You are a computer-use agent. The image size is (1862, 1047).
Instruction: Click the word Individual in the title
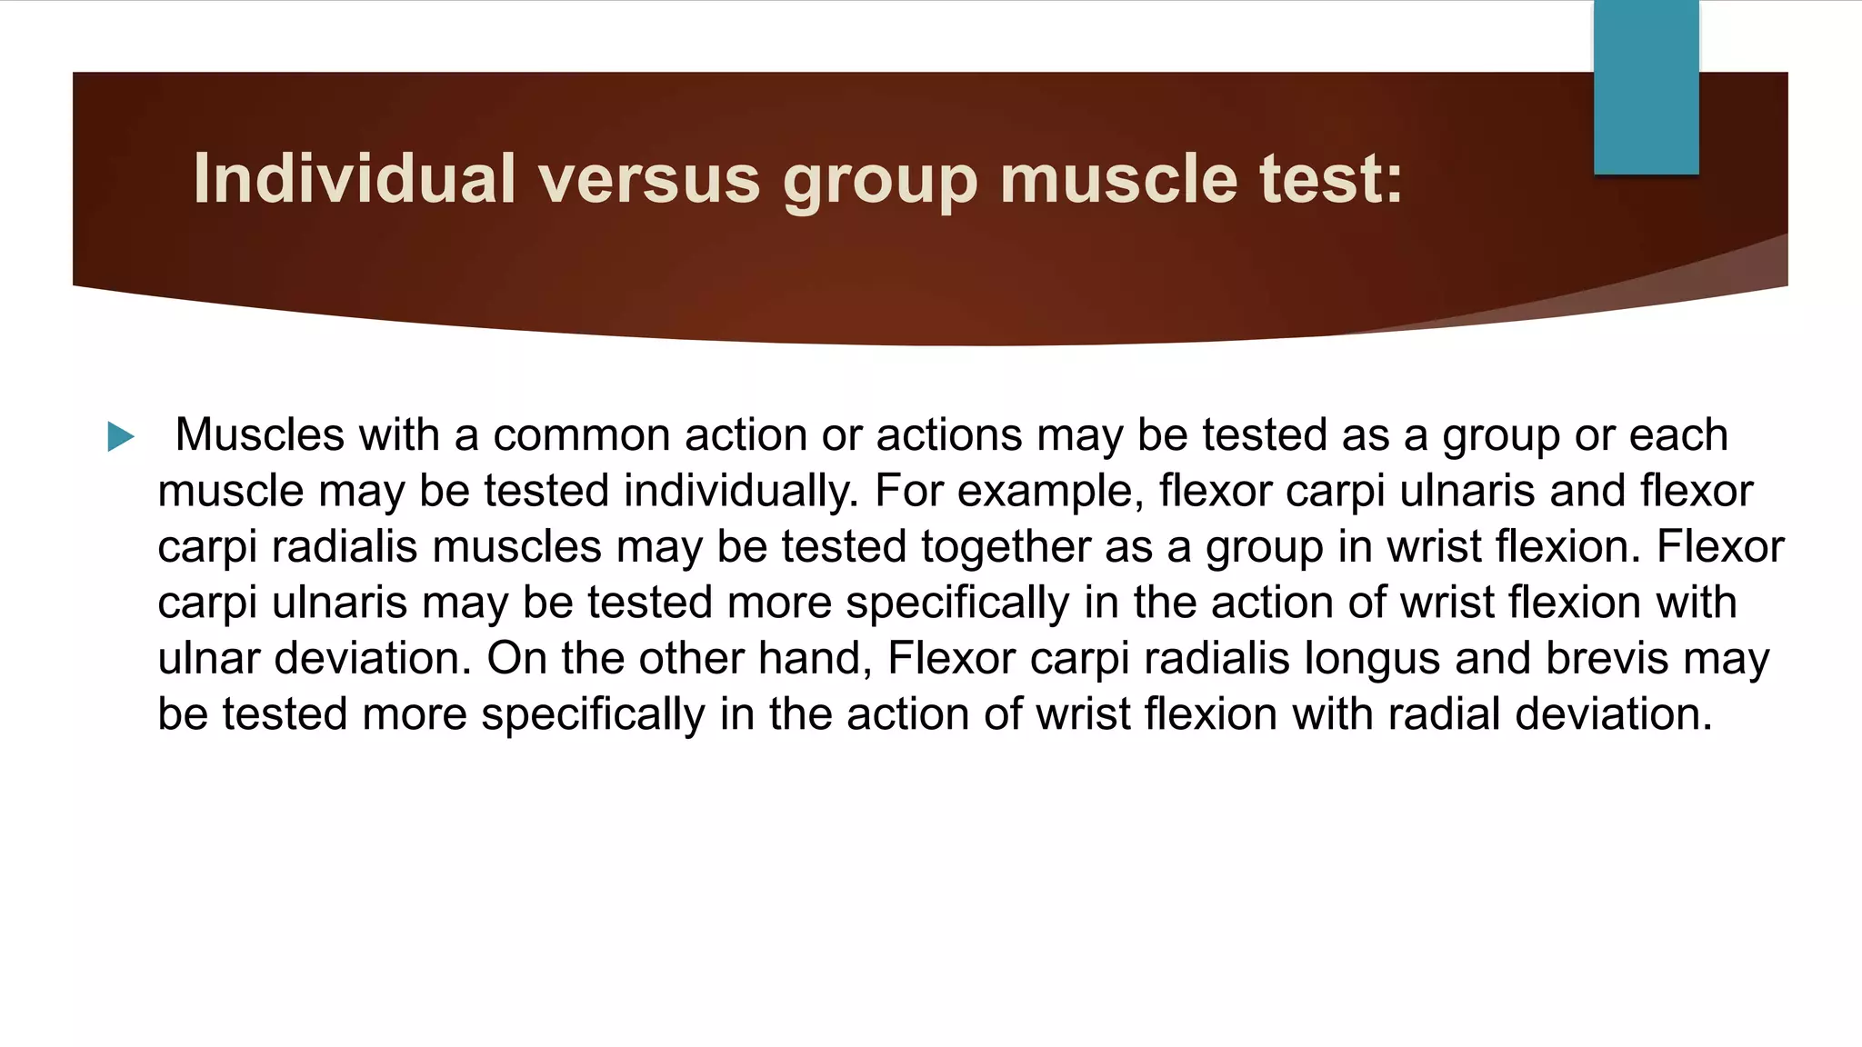click(x=355, y=178)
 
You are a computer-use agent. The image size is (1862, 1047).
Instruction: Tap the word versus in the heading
click(x=649, y=178)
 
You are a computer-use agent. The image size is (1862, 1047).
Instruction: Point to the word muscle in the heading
click(x=1118, y=178)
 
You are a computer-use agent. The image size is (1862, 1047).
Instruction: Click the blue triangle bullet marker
click(x=120, y=436)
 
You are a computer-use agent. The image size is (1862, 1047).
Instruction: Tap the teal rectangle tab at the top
click(x=1646, y=87)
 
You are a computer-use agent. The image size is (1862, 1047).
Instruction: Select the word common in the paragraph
click(x=581, y=434)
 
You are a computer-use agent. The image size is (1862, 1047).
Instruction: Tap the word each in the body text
click(x=1678, y=434)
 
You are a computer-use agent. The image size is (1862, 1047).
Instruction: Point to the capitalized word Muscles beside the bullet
click(x=260, y=434)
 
